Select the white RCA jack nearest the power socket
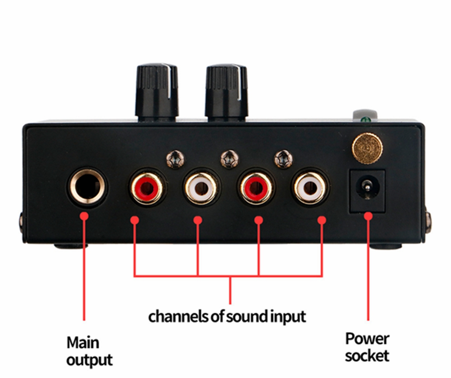tap(310, 188)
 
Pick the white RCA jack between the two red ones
tap(201, 188)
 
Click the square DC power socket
tap(367, 191)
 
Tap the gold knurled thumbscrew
tap(367, 148)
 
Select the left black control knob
tap(157, 92)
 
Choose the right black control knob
tap(227, 92)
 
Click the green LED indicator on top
tap(366, 119)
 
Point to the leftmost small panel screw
tap(175, 159)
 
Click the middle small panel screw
tap(230, 159)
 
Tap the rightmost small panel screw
tap(284, 159)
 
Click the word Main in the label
tap(83, 343)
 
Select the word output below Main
tap(89, 360)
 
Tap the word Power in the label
tap(367, 339)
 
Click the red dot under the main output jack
tap(84, 216)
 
